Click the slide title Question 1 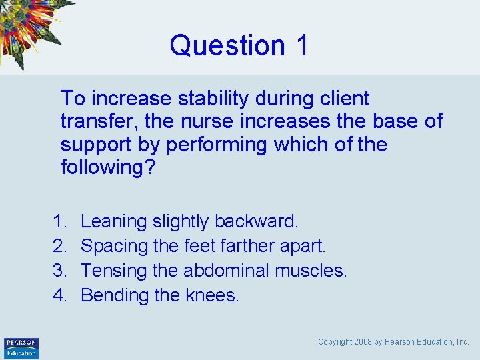pos(239,45)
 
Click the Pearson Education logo pos(21,347)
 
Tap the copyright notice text pos(393,342)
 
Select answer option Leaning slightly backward pos(190,221)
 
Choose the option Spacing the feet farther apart pos(203,246)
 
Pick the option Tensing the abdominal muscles pos(214,271)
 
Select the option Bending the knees pos(159,295)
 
